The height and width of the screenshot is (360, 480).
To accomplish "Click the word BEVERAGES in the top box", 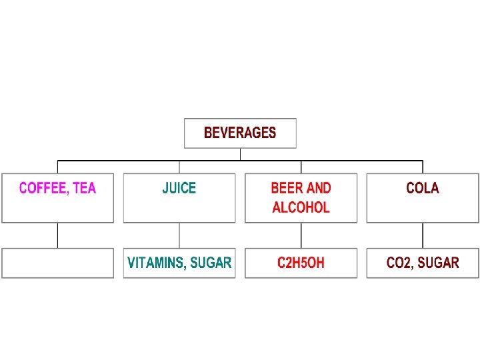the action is click(240, 133).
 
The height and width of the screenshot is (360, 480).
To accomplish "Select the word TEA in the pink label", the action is click(85, 188).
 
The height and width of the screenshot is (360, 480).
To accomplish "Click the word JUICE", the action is click(179, 188).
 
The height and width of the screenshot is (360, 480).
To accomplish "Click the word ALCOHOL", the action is click(301, 207).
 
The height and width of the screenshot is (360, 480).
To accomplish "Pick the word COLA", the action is click(423, 188).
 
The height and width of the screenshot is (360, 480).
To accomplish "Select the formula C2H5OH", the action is click(301, 263).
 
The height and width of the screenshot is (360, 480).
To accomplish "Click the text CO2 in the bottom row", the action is click(401, 263).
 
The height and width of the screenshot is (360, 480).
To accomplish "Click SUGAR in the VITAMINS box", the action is click(211, 263).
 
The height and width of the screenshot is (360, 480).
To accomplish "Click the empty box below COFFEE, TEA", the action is click(58, 263).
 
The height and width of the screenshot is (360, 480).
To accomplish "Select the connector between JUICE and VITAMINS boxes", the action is click(179, 235).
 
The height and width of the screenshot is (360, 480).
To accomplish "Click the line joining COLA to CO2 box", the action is click(423, 235).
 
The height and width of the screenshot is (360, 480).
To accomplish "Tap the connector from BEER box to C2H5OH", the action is click(301, 235).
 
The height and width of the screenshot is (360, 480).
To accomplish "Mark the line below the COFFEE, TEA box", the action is click(58, 235).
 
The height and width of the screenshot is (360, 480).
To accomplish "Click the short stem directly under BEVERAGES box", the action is click(240, 154).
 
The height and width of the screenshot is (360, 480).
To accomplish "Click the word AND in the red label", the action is click(318, 188).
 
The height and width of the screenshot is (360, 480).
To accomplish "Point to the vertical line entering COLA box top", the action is click(423, 167).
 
